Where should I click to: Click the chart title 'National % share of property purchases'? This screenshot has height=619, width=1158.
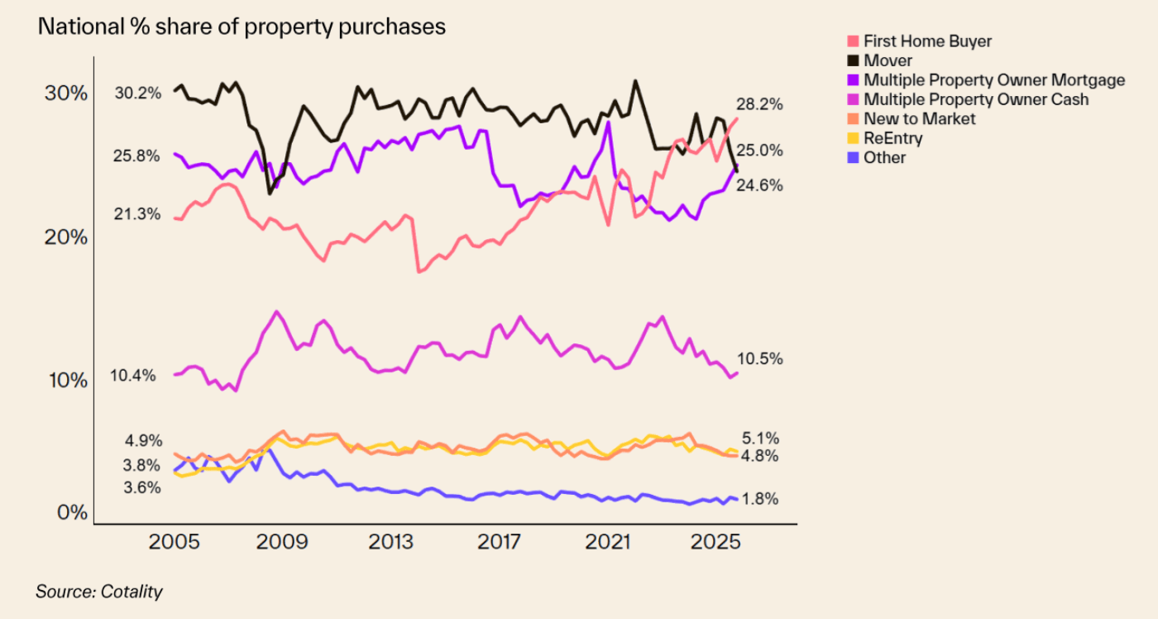point(242,26)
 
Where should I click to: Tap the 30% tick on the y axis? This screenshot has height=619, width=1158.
point(65,93)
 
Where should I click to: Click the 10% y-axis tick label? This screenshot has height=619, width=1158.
point(66,381)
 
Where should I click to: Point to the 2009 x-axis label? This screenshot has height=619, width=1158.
point(283,542)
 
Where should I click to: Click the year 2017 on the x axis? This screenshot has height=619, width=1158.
point(500,542)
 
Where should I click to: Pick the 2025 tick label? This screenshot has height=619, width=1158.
point(719,542)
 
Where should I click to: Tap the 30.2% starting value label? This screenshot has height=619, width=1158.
point(138,93)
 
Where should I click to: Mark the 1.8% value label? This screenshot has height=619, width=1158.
point(761,499)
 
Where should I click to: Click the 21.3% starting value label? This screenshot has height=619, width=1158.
point(137,214)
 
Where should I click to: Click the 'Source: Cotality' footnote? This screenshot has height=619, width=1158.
point(99,592)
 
